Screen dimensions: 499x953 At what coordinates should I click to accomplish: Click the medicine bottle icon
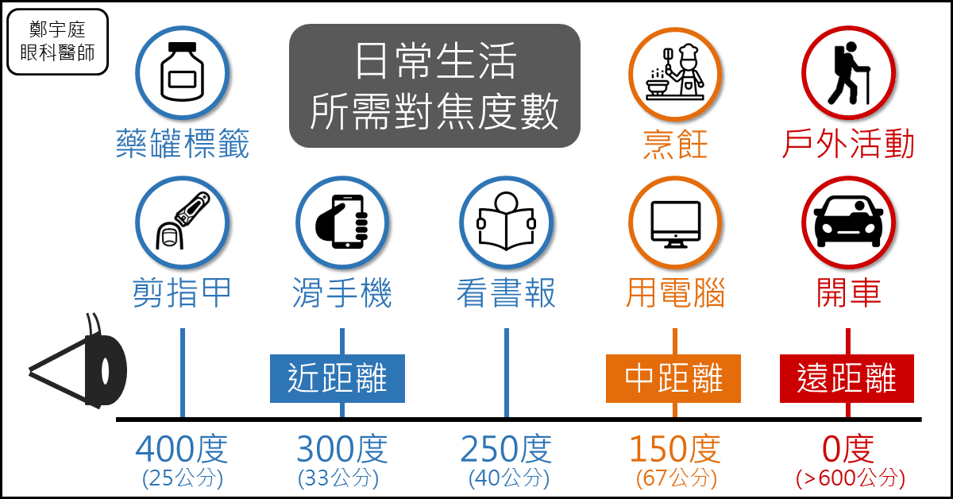(182, 72)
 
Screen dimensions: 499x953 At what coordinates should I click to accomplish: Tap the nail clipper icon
(182, 222)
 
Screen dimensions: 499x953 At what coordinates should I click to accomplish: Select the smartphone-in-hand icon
(342, 222)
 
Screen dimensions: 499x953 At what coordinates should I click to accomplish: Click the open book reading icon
(506, 222)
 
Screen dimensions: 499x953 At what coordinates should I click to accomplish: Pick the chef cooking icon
(675, 72)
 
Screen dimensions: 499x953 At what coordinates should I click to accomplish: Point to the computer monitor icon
(675, 222)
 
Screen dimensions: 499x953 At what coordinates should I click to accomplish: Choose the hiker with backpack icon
(847, 72)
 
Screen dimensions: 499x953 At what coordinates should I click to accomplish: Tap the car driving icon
(847, 222)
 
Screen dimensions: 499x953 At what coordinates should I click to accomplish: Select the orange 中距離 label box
(673, 378)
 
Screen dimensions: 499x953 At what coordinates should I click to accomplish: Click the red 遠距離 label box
(846, 378)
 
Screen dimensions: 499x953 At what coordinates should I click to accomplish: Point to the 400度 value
(182, 450)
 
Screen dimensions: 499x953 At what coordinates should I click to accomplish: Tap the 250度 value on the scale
(506, 450)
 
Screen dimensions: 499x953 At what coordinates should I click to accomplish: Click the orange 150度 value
(675, 450)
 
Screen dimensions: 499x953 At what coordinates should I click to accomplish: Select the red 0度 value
(847, 450)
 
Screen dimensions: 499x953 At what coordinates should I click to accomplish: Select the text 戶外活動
(847, 145)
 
